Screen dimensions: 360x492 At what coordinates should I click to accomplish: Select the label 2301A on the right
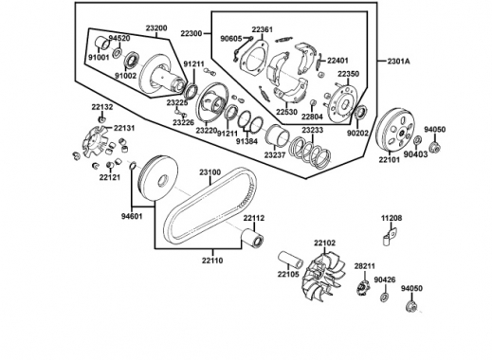coord(399,62)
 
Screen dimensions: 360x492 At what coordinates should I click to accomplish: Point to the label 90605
coord(230,39)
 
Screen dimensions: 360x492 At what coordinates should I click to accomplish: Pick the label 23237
coord(275,154)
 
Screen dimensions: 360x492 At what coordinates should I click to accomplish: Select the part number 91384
coord(246,141)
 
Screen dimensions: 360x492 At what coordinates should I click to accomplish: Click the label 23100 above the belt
coord(210,172)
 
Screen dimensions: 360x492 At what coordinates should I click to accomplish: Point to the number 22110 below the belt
coord(211,260)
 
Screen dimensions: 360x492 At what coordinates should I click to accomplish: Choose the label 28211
coord(366,267)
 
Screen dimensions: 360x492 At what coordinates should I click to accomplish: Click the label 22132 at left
coord(102,107)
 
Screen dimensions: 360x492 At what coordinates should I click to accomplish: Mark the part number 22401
coord(338,60)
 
